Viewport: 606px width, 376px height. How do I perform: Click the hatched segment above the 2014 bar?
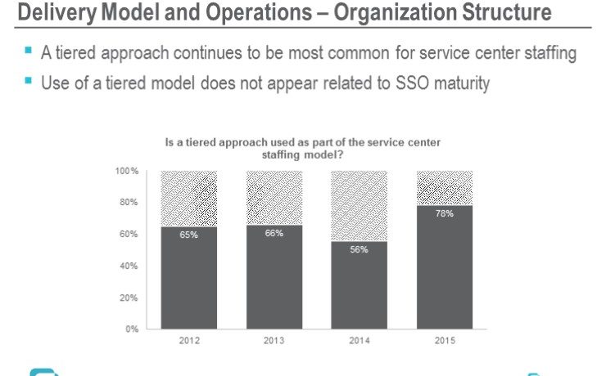coord(360,206)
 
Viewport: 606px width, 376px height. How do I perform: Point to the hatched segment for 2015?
coord(445,188)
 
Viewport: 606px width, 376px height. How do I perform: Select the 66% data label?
coord(274,233)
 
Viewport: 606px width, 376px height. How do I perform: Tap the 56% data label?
coord(359,249)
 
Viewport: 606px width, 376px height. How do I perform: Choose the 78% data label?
coord(445,213)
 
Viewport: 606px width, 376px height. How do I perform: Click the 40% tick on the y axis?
coord(129,266)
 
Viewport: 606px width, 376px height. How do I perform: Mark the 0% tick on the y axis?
coord(132,329)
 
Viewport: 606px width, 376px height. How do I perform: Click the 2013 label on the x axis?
coord(274,341)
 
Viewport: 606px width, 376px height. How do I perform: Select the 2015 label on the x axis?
coord(445,341)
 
